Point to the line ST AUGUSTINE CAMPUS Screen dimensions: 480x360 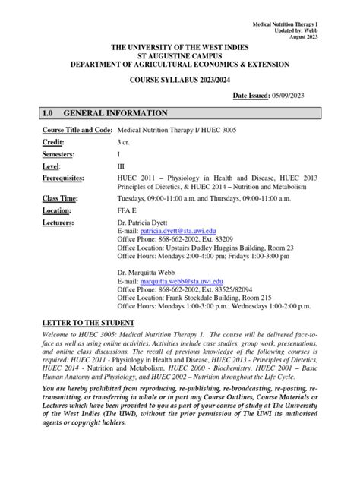(x=180, y=55)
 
